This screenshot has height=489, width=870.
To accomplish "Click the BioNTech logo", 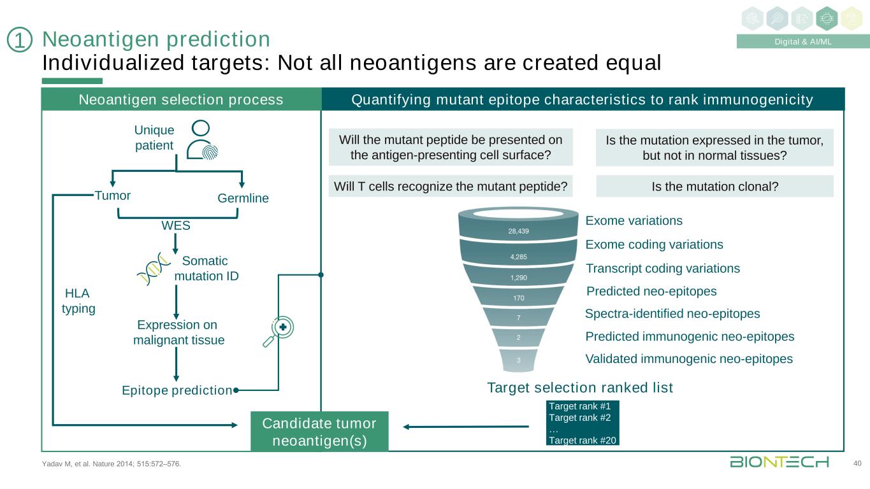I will click(779, 462).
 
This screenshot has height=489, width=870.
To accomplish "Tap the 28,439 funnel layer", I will click(518, 231).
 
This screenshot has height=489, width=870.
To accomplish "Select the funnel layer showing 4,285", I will click(518, 257).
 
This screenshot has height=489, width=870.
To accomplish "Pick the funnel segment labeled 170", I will click(518, 297).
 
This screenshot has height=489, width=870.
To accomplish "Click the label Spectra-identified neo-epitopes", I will click(672, 314).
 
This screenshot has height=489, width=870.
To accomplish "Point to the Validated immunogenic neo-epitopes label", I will click(689, 359).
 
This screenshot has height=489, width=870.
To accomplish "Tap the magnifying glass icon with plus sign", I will click(279, 331).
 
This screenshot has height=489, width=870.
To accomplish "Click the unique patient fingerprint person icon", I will click(201, 139).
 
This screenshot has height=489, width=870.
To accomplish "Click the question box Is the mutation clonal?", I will click(714, 186).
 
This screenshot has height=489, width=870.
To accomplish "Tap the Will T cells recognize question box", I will click(450, 186).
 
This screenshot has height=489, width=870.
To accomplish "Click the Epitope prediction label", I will click(177, 390).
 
